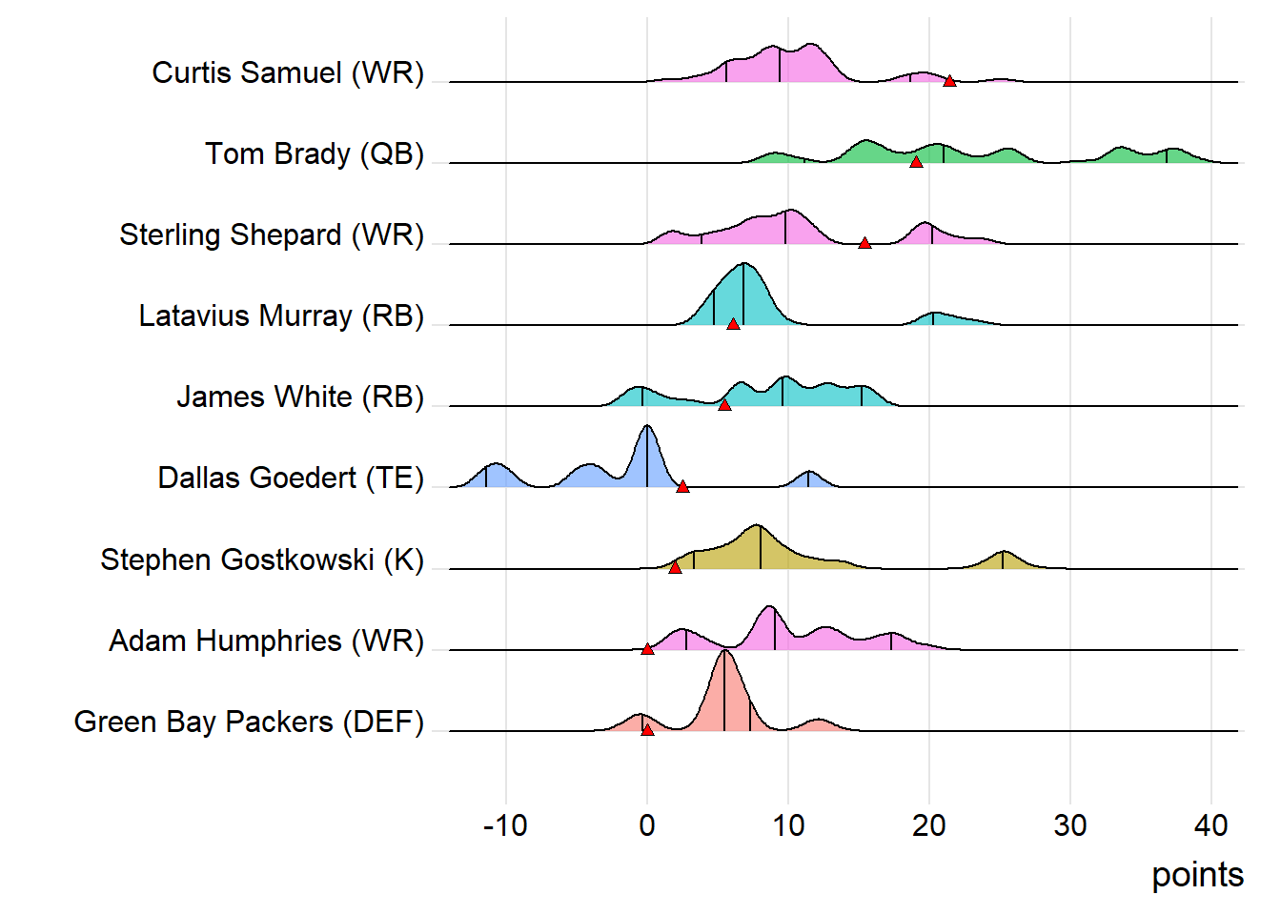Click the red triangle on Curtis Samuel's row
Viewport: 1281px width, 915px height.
949,81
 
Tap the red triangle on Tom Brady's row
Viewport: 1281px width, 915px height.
916,162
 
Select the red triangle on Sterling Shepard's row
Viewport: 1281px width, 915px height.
864,243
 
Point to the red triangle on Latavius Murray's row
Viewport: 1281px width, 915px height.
733,324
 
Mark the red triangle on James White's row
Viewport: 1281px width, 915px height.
724,405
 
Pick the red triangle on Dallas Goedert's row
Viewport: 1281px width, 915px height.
682,486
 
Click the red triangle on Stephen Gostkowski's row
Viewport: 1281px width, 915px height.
675,567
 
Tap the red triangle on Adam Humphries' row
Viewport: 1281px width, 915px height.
647,649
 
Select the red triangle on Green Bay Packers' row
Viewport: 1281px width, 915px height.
647,730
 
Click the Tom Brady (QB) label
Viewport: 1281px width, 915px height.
315,153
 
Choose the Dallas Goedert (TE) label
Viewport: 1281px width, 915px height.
291,478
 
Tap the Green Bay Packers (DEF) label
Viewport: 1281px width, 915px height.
249,722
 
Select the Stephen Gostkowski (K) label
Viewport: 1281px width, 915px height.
262,559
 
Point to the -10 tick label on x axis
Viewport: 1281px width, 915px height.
505,825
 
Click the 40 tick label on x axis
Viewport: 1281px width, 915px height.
1210,825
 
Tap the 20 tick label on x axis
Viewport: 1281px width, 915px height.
929,825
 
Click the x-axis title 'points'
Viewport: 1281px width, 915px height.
1197,875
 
